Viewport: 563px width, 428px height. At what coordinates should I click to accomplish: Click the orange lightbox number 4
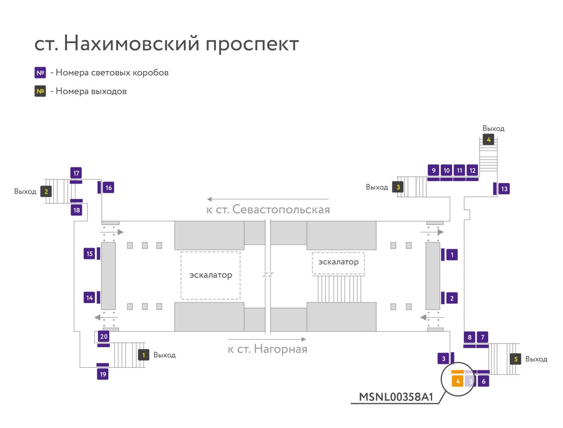pyautogui.click(x=457, y=381)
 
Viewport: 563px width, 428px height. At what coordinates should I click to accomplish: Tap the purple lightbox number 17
pyautogui.click(x=76, y=173)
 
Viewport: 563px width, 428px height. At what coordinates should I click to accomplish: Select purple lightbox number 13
pyautogui.click(x=504, y=189)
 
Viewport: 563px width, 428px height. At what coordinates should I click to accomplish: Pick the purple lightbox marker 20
pyautogui.click(x=103, y=336)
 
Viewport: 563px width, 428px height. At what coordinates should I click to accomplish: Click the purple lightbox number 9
pyautogui.click(x=434, y=170)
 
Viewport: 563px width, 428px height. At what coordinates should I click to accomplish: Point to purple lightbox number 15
pyautogui.click(x=89, y=254)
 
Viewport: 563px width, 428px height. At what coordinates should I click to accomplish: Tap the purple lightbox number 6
pyautogui.click(x=483, y=381)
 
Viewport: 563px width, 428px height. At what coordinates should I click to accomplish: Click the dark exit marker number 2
pyautogui.click(x=46, y=191)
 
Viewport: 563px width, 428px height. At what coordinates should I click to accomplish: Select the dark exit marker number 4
pyautogui.click(x=488, y=139)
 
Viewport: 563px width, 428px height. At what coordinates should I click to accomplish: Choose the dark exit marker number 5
pyautogui.click(x=515, y=359)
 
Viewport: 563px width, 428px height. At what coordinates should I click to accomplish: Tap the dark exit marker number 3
pyautogui.click(x=398, y=187)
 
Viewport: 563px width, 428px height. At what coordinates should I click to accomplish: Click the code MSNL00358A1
pyautogui.click(x=396, y=397)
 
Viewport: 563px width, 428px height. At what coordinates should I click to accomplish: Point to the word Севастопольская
pyautogui.click(x=281, y=209)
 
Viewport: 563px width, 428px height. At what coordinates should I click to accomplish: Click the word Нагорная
pyautogui.click(x=280, y=349)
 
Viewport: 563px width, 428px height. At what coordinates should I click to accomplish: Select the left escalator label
pyautogui.click(x=211, y=275)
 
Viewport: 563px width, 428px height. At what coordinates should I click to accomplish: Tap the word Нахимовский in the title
pyautogui.click(x=131, y=43)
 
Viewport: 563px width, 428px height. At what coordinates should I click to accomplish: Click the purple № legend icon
pyautogui.click(x=40, y=73)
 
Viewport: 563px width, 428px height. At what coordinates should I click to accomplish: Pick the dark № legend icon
pyautogui.click(x=40, y=91)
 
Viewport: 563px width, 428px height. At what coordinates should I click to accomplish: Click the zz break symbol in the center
pyautogui.click(x=268, y=275)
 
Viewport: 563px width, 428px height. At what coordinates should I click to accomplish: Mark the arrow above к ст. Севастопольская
pyautogui.click(x=268, y=199)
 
